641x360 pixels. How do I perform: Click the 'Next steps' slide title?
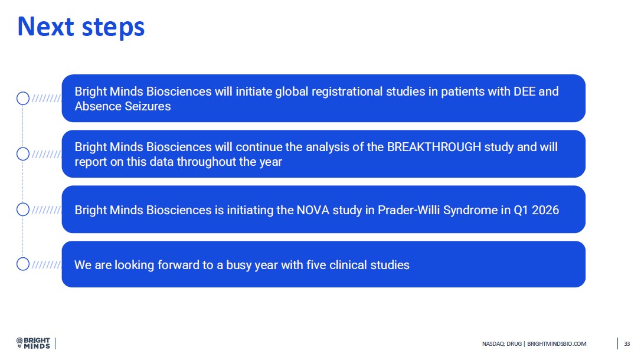click(81, 27)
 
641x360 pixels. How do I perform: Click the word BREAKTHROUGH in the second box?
click(434, 147)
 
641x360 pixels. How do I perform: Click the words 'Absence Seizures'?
click(123, 106)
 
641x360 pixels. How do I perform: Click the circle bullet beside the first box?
click(23, 99)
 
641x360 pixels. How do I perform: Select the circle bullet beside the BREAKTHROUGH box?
click(23, 154)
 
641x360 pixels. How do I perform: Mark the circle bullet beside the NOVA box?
click(23, 210)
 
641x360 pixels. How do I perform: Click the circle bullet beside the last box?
click(23, 264)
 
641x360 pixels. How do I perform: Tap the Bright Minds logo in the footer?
click(33, 343)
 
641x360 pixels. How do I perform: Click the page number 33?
click(627, 344)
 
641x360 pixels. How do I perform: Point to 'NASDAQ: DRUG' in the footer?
click(502, 344)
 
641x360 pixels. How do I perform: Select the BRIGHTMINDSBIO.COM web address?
click(557, 344)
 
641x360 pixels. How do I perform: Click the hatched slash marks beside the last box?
click(46, 264)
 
